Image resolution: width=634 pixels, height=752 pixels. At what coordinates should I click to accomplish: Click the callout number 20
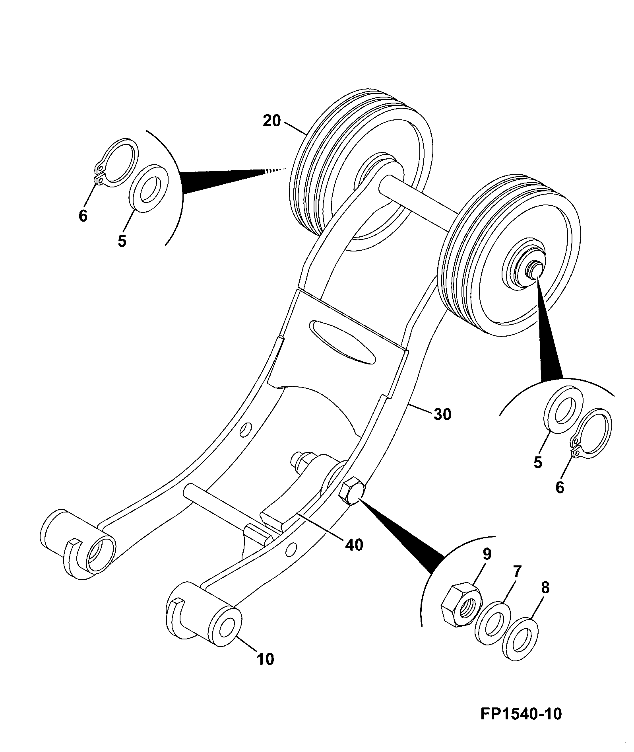point(272,121)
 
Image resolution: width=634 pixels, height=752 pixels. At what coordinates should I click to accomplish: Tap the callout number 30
point(442,414)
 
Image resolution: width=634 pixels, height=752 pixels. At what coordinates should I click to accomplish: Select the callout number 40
point(354,545)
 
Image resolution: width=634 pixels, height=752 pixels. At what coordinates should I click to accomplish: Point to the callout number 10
point(266,659)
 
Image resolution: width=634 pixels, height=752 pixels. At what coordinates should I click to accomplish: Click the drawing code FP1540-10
point(521,713)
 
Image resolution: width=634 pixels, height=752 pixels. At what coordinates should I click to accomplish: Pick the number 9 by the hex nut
point(487,554)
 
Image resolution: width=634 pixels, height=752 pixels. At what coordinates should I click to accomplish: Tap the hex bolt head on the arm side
point(351,492)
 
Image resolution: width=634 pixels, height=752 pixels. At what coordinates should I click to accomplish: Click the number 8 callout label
point(545,588)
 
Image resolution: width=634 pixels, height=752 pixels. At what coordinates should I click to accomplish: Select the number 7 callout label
point(517,571)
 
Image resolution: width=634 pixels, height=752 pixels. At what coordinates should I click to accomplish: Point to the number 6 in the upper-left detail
point(83,216)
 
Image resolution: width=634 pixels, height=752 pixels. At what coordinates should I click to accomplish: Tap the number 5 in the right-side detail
point(538,462)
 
